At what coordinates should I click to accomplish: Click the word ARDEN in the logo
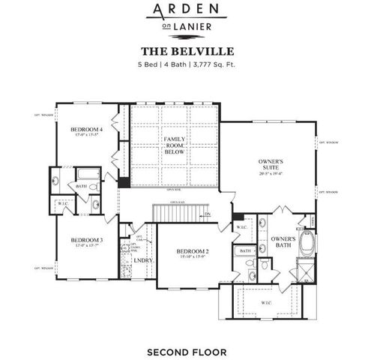pos(187,10)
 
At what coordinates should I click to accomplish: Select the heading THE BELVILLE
pos(187,52)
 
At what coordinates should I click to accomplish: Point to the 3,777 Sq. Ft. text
pos(212,65)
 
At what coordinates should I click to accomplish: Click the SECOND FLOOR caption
pos(187,350)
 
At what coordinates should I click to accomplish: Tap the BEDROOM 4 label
pos(88,130)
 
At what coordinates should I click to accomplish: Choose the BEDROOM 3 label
pos(88,240)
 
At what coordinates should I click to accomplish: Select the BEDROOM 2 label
pos(193,251)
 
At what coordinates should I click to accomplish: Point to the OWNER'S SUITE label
pos(270,165)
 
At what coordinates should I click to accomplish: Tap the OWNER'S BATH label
pos(283,243)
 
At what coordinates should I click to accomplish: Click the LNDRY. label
pos(143,260)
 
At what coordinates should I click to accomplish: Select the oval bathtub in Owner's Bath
pos(306,244)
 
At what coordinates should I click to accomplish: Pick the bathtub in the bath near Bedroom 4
pos(87,177)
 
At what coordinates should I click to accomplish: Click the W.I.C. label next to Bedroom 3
pos(63,203)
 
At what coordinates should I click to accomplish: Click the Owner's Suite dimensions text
pos(270,173)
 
